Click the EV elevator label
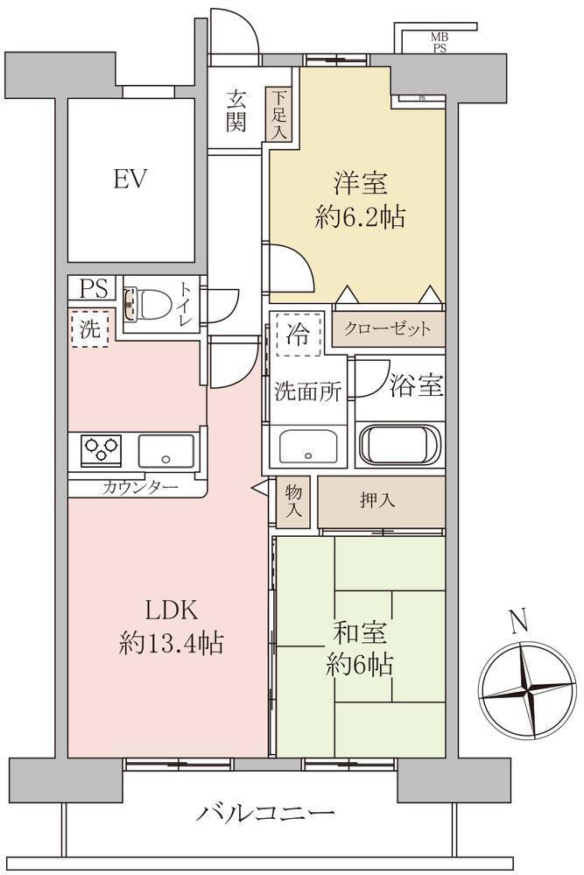point(130,180)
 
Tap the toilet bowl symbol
point(147,304)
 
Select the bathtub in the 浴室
point(400,445)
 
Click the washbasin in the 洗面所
point(308,447)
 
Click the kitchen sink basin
point(165,451)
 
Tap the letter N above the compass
point(519,620)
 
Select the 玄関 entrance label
point(236,110)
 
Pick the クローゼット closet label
point(388,328)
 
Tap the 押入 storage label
point(377,500)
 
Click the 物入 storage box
point(292,501)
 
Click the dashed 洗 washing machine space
point(90,329)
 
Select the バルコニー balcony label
point(265,813)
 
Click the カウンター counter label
point(140,488)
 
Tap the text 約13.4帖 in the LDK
point(172,644)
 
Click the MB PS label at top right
point(440,43)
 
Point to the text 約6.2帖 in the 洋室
point(360,217)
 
